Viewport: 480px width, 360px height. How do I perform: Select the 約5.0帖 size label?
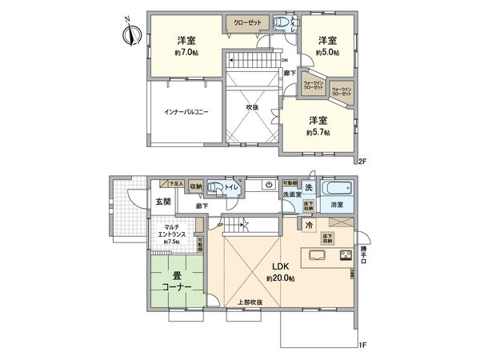pyautogui.click(x=326, y=52)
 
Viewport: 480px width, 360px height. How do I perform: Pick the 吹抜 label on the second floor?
pyautogui.click(x=250, y=107)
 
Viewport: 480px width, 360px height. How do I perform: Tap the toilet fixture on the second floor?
pyautogui.click(x=282, y=23)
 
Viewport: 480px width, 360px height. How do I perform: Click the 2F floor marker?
pyautogui.click(x=362, y=161)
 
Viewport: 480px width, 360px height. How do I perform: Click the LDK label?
pyautogui.click(x=278, y=267)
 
